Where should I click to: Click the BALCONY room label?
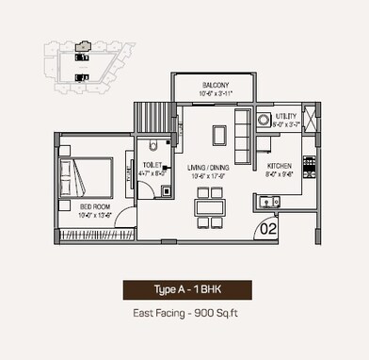point(215,86)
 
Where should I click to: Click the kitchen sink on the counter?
point(269,200)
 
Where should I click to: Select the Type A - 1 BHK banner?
point(184,290)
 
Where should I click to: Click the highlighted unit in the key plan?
point(83,45)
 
